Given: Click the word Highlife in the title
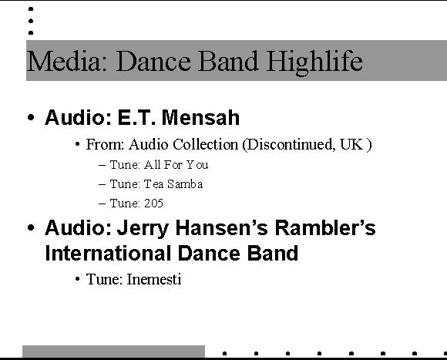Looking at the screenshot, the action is (314, 62).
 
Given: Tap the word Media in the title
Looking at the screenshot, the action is (63, 61).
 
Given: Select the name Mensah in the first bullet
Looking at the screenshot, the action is (201, 117).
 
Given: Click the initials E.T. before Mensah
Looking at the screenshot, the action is (136, 117).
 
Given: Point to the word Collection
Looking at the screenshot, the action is (205, 144).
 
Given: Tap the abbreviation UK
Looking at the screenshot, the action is (351, 144).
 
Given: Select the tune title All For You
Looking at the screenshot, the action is (176, 165).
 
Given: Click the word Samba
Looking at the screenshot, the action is (185, 184).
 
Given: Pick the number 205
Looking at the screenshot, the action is (153, 204).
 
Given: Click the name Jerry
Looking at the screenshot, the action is (143, 229).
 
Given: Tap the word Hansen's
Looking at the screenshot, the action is (221, 228).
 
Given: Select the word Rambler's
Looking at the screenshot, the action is (325, 228).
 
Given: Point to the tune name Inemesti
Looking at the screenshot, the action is (154, 279).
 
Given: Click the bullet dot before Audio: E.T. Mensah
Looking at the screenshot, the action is (31, 117).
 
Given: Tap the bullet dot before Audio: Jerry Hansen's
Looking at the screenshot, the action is (31, 227).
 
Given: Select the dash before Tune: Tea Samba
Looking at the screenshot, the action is (102, 184).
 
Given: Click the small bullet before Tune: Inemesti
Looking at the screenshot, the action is (77, 279).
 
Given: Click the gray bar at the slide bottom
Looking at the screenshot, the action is (113, 352).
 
